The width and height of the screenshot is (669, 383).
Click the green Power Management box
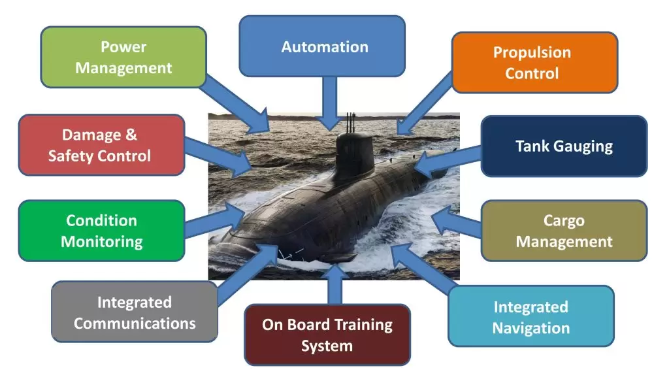point(123,58)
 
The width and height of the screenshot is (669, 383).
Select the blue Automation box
point(322,46)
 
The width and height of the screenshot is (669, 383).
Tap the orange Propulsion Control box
point(534,62)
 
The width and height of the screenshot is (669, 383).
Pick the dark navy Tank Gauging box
point(564,146)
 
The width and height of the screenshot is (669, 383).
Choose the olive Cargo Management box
point(564,231)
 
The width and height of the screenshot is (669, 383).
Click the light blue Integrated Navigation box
point(531,316)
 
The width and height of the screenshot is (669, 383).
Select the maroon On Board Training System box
point(327,335)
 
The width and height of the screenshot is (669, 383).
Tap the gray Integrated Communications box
point(135,312)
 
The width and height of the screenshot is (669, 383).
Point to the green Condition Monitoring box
point(101,231)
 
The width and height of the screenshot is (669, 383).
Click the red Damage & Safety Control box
point(101,144)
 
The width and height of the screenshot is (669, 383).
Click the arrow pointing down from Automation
point(330,103)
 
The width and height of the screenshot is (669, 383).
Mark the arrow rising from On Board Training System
point(335,284)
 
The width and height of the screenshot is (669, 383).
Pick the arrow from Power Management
point(235,103)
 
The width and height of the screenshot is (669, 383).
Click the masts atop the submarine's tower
point(351,122)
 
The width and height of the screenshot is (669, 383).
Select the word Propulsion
point(532,52)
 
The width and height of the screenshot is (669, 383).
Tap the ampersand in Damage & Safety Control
point(131,135)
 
